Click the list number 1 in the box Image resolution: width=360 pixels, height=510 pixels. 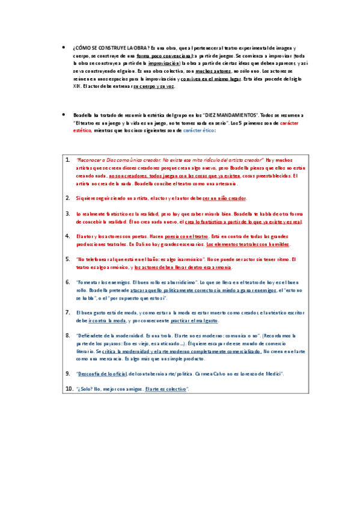click(x=68, y=160)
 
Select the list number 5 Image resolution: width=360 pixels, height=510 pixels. click(x=68, y=259)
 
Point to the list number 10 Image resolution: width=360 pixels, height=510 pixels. click(x=69, y=389)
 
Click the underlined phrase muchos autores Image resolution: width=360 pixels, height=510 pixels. click(x=213, y=70)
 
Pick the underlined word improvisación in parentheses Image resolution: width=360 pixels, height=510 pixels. click(x=163, y=63)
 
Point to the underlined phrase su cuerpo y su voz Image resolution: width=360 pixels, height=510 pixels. click(x=154, y=86)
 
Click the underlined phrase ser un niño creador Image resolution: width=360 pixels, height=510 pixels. click(x=224, y=198)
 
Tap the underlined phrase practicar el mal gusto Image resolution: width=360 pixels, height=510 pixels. click(x=182, y=321)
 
